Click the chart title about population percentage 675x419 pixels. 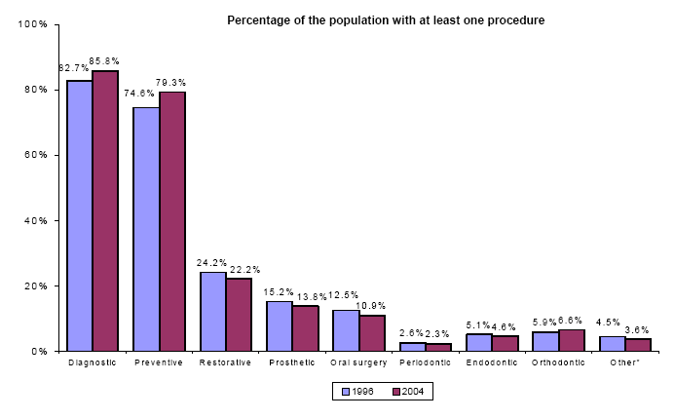pos(386,19)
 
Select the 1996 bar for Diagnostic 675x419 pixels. pos(79,215)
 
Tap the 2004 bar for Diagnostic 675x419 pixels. pos(105,210)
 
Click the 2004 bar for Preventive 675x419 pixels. pos(172,221)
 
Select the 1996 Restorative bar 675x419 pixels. pos(212,311)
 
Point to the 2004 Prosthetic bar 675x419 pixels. pos(305,328)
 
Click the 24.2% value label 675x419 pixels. pos(212,263)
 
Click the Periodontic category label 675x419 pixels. pos(426,362)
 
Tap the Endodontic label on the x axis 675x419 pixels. pos(492,362)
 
